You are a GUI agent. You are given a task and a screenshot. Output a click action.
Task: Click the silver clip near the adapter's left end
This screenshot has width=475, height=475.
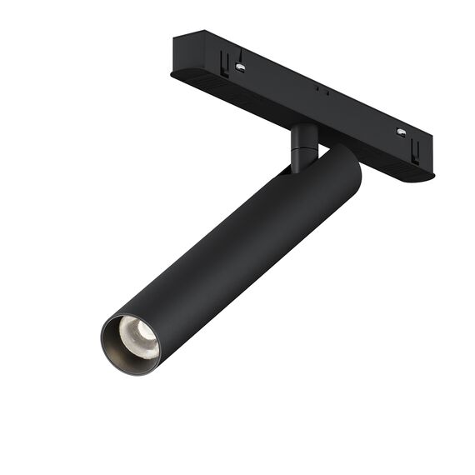click(x=240, y=66)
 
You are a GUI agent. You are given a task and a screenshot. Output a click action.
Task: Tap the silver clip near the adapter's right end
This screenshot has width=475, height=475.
click(x=401, y=132)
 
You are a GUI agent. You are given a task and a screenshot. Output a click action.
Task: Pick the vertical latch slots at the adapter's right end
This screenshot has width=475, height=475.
click(x=416, y=150)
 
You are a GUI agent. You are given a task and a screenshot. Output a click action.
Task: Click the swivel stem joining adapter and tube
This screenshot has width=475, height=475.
click(x=302, y=146)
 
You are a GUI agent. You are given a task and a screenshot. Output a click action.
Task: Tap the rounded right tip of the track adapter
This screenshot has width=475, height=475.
click(x=430, y=172)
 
